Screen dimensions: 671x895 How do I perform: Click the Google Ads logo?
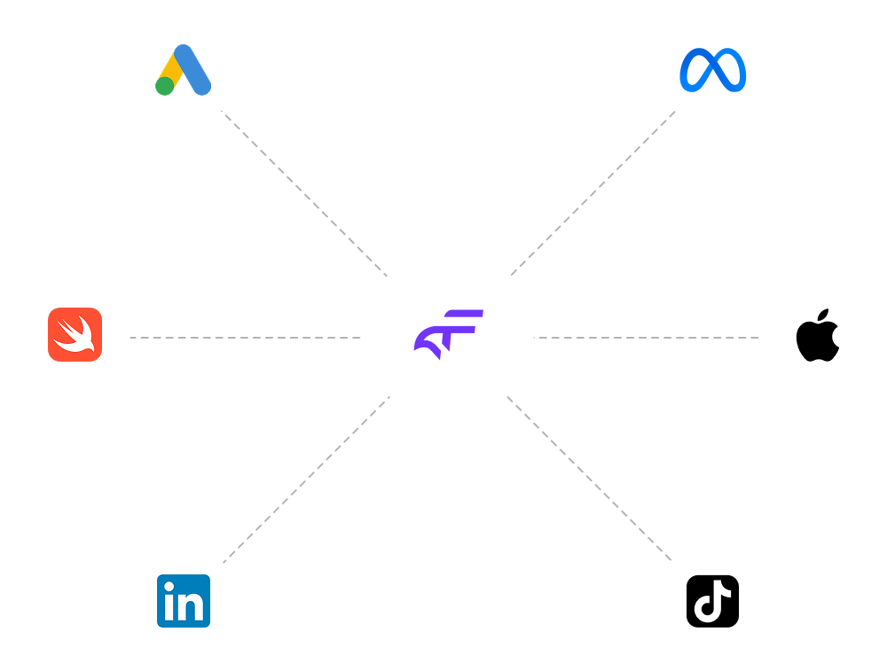(x=184, y=70)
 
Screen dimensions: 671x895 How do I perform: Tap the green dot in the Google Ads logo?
(x=165, y=86)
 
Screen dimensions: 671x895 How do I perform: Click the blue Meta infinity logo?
(x=713, y=70)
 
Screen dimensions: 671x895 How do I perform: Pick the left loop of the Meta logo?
(x=695, y=71)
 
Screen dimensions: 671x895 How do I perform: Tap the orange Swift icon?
(x=75, y=335)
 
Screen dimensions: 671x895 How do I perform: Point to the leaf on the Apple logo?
(x=823, y=316)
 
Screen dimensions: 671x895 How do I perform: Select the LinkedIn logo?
(x=184, y=601)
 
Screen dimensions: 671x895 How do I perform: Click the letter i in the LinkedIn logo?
(x=169, y=603)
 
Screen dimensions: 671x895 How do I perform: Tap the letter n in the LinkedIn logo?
(x=193, y=606)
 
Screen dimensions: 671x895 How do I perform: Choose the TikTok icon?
(x=712, y=601)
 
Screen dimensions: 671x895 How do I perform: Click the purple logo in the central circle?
(x=449, y=332)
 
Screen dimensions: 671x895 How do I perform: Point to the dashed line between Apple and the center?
(x=648, y=338)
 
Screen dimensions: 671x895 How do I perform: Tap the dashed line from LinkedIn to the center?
(x=306, y=480)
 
